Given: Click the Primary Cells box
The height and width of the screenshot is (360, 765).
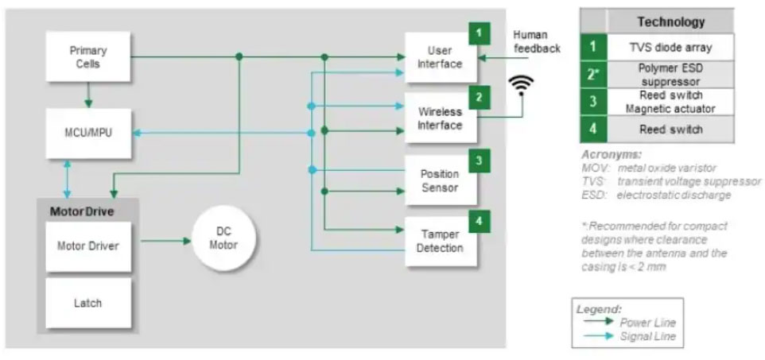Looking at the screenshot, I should [x=87, y=56].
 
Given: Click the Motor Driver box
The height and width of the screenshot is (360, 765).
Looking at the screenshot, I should [x=87, y=246].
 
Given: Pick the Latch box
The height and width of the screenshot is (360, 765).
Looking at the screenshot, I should [x=87, y=303].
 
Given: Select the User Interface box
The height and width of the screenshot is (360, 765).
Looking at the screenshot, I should [x=440, y=57].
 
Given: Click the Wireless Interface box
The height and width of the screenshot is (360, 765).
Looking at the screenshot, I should [x=440, y=118].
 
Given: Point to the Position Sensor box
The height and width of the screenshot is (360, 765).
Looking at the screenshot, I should [x=440, y=180].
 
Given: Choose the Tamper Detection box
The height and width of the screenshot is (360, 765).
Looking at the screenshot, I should [x=440, y=241].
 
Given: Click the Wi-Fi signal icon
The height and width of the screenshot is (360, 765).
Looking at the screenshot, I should [x=522, y=83].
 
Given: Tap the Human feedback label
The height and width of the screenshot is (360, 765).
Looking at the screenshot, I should [x=536, y=41].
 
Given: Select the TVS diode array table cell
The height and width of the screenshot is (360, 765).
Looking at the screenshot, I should [x=670, y=47].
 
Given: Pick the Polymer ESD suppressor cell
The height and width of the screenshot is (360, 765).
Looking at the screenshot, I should [x=670, y=74].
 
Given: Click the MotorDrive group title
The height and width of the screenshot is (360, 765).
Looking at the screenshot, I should [x=82, y=212].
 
